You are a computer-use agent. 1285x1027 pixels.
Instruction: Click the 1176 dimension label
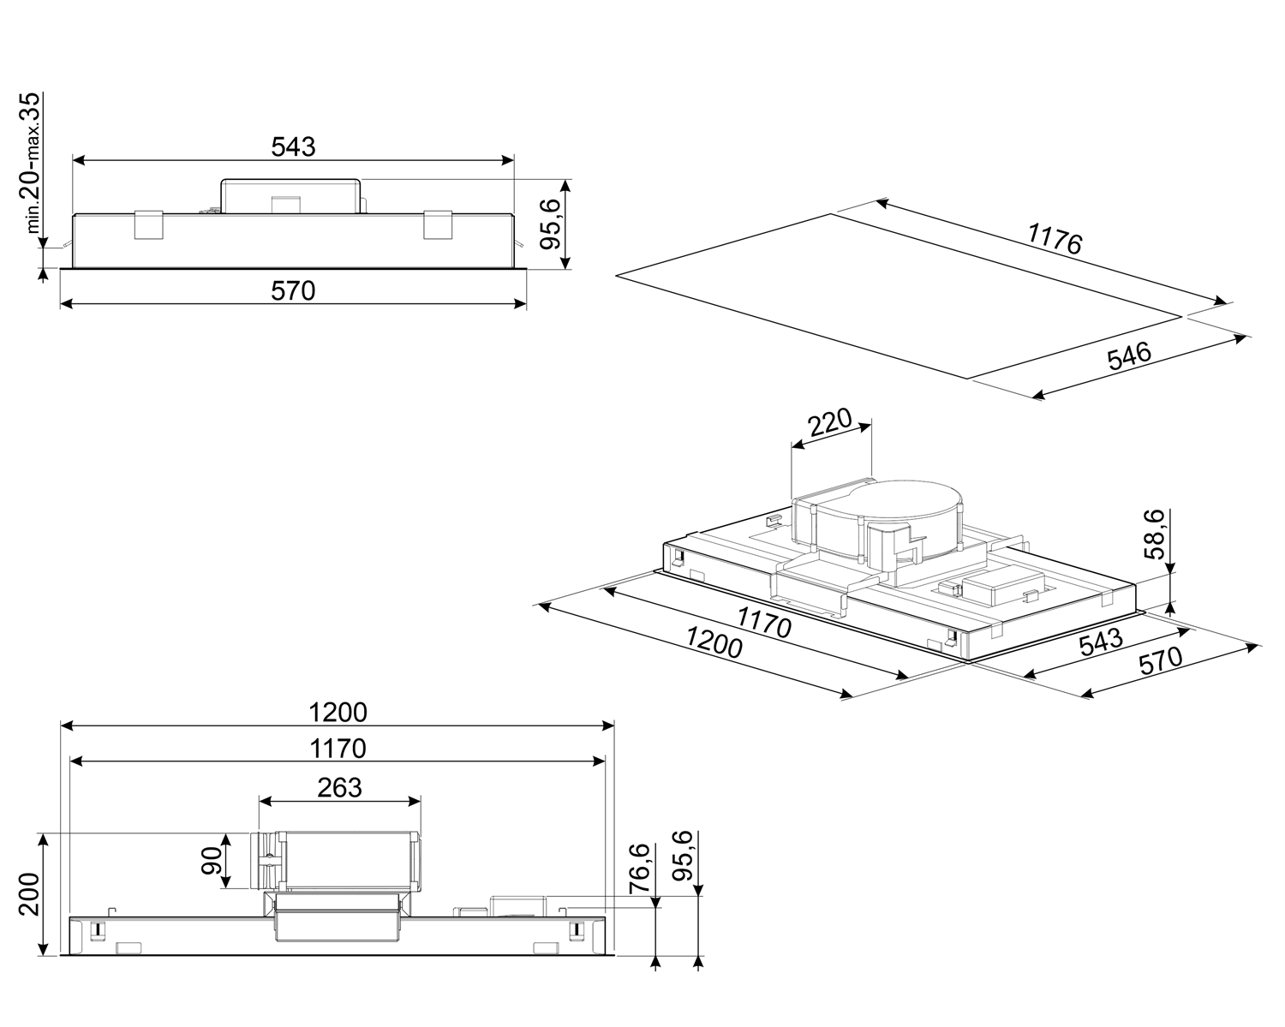pos(1055,239)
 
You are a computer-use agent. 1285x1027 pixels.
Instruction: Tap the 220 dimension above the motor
pos(829,423)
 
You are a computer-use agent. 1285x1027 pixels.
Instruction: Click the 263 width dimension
pos(339,787)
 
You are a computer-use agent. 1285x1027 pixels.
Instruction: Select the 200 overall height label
pos(28,894)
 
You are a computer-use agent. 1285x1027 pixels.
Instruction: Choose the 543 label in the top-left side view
pos(293,146)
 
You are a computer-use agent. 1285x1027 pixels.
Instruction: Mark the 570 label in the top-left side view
pos(293,291)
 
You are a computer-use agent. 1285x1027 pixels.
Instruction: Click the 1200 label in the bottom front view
pos(338,712)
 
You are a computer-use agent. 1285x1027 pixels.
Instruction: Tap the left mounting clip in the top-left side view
pos(147,224)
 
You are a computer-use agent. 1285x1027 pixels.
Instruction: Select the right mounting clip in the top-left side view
pos(437,224)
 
